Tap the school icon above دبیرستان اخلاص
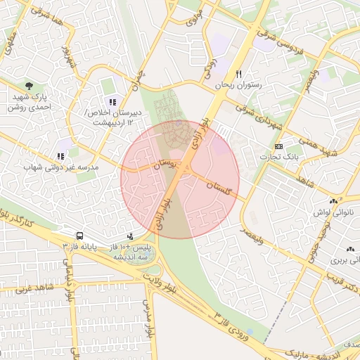tap(112, 102)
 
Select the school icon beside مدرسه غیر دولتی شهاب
tap(60, 156)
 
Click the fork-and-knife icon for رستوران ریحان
tap(239, 74)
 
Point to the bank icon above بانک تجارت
tap(279, 146)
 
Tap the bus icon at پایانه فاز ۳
tap(79, 236)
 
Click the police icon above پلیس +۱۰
tap(130, 237)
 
